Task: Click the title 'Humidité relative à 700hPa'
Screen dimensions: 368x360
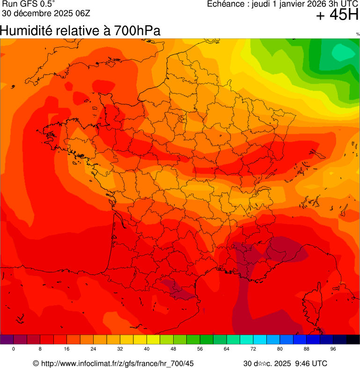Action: click(80, 31)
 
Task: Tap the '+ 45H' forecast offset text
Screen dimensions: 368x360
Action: click(337, 15)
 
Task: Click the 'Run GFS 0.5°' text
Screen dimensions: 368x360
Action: click(29, 4)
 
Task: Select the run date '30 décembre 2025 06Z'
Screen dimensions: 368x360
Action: click(46, 13)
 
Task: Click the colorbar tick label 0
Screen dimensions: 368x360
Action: click(14, 349)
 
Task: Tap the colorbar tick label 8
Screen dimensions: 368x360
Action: click(40, 349)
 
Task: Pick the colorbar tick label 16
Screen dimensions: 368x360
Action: click(67, 349)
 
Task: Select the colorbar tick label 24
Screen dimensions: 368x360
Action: click(94, 349)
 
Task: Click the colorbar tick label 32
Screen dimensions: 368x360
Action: click(120, 349)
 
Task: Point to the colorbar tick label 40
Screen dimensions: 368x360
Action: click(147, 349)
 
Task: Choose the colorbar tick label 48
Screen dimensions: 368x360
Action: click(173, 349)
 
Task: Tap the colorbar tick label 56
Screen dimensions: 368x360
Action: click(200, 349)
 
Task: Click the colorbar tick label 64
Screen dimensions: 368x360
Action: click(227, 349)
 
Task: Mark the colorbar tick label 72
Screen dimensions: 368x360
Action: click(253, 349)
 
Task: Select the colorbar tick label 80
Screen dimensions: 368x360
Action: click(280, 349)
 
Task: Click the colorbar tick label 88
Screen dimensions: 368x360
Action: click(307, 349)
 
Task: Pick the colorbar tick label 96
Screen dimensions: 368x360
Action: click(333, 349)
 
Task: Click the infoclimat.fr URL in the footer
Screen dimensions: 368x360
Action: click(118, 363)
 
